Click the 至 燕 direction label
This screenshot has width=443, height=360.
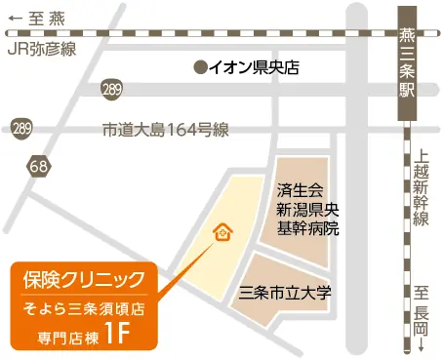pyautogui.click(x=48, y=16)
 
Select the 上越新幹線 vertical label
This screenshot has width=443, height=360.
pyautogui.click(x=421, y=185)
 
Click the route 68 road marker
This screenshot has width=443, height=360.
pyautogui.click(x=39, y=167)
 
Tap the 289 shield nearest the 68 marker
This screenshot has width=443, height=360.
pyautogui.click(x=21, y=128)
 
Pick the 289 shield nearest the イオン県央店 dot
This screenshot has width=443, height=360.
pyautogui.click(x=112, y=90)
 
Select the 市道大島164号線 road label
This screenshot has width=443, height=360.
pyautogui.click(x=165, y=129)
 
